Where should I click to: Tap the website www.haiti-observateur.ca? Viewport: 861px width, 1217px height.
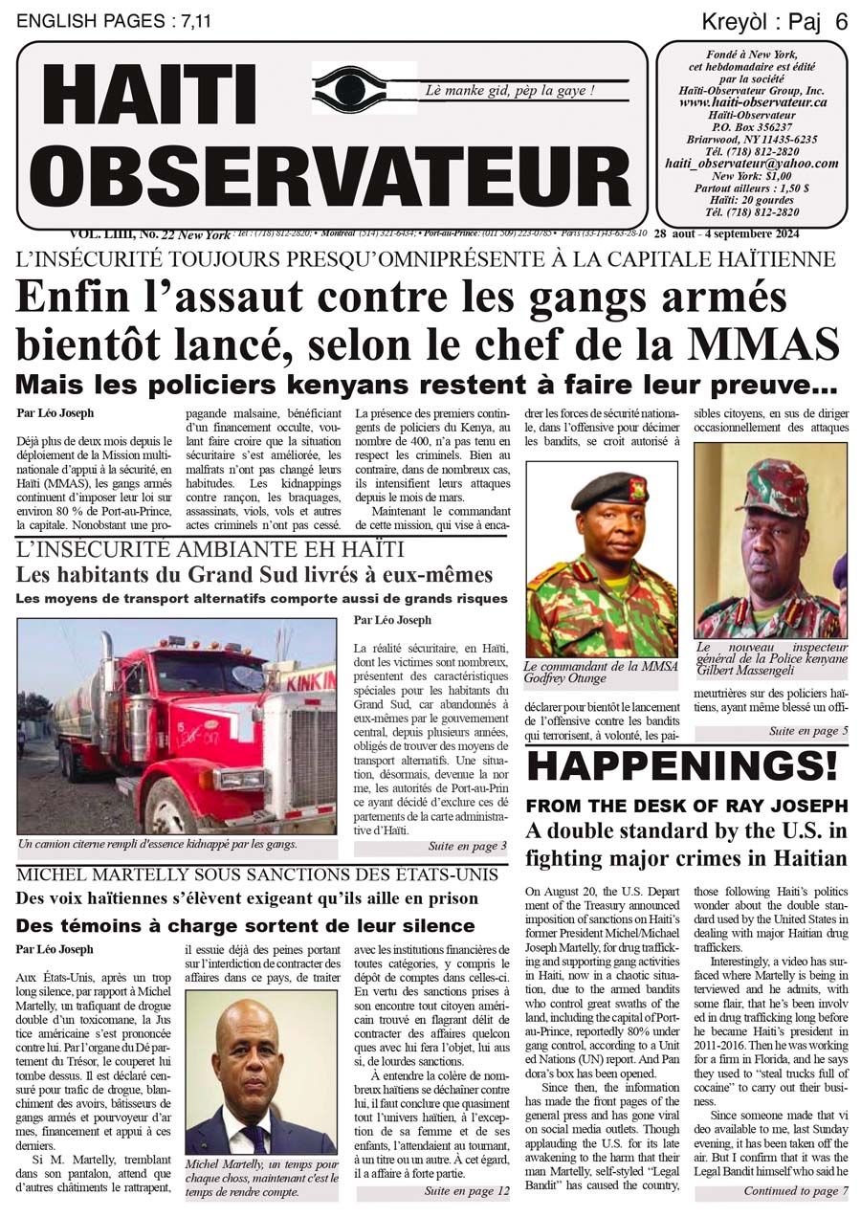753,101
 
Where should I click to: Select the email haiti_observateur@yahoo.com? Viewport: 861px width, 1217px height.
752,164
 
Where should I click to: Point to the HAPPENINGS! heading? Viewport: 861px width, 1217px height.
682,764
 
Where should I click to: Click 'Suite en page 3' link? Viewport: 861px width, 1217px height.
468,847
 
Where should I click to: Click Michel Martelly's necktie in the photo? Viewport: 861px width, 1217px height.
255,1138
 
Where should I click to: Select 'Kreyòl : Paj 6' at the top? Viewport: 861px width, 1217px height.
774,22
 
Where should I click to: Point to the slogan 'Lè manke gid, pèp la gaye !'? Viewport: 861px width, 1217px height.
510,91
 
